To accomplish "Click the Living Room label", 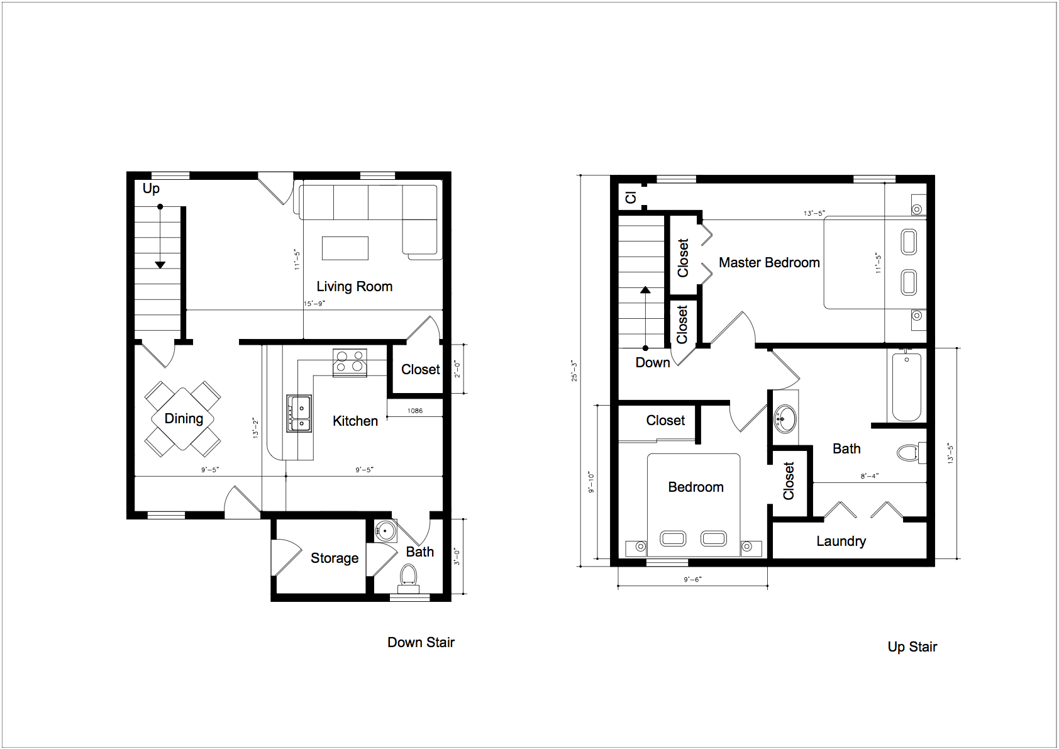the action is [355, 287].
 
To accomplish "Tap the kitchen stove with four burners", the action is [350, 363].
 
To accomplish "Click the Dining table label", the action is [184, 418].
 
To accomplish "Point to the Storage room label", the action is [335, 558].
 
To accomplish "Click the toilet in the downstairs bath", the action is [409, 579].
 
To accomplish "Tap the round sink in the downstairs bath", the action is [385, 531].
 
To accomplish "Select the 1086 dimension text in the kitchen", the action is [415, 411].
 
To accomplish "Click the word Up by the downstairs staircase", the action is [152, 189].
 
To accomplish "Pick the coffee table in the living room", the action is [345, 248].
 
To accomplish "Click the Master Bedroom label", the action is [769, 262].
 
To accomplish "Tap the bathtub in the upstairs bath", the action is [907, 387].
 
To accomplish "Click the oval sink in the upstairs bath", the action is [785, 419].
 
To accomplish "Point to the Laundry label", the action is [841, 541].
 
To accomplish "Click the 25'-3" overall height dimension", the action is [574, 371].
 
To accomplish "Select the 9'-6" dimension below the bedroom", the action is [692, 579].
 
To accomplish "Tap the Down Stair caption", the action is [421, 642].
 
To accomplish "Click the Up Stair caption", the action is [912, 647].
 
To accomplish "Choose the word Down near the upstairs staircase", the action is [652, 363].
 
